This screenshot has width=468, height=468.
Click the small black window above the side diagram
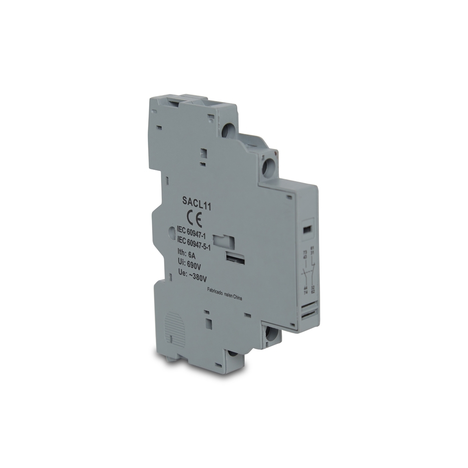307,230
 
